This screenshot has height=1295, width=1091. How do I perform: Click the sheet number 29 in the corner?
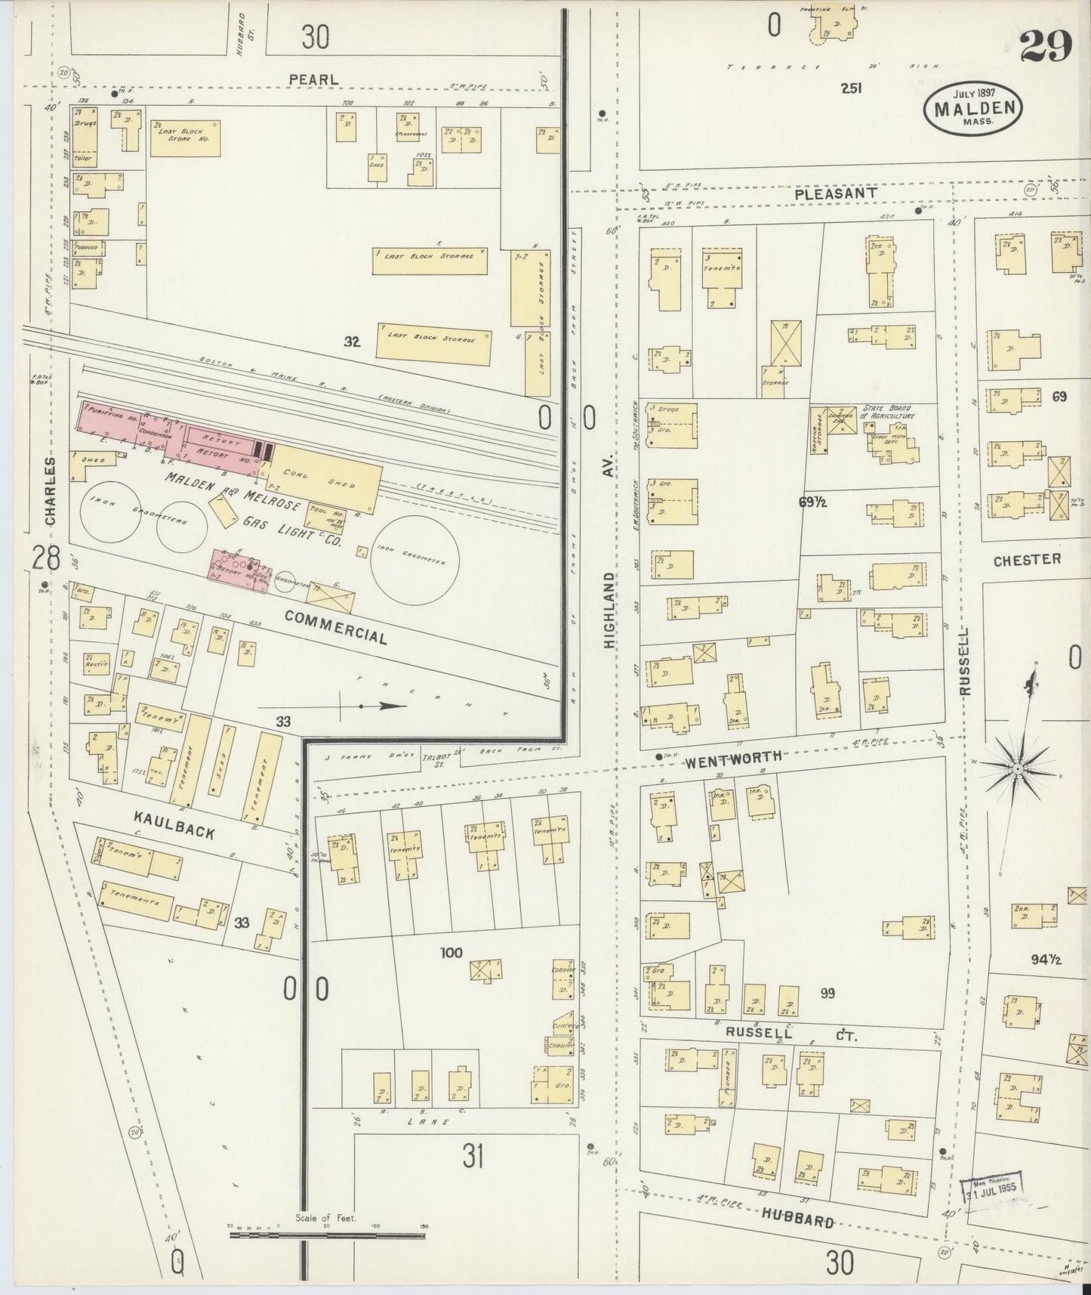click(1046, 47)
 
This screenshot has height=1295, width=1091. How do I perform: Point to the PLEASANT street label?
click(835, 193)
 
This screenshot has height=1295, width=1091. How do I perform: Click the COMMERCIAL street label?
click(336, 626)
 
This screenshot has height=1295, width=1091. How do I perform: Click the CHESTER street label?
click(1027, 559)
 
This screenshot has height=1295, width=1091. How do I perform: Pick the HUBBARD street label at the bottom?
click(797, 1219)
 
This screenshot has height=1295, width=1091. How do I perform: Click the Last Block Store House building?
click(185, 137)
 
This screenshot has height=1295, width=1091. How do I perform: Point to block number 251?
click(852, 88)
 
